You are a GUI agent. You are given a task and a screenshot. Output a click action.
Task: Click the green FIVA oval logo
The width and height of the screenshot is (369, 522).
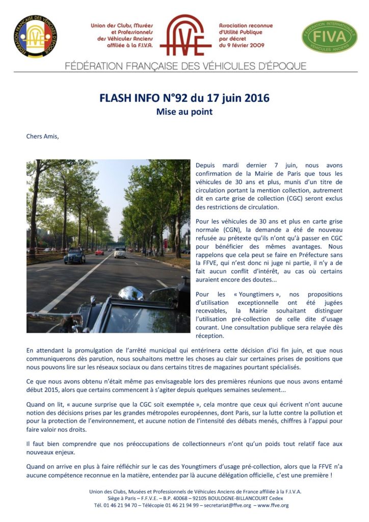(x=329, y=36)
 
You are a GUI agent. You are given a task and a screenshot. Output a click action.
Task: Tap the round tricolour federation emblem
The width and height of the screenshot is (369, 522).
(x=35, y=36)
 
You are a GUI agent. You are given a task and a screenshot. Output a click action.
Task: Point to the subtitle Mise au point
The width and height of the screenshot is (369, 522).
(x=184, y=111)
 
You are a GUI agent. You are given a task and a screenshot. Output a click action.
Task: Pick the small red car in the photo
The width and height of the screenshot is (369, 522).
(x=99, y=252)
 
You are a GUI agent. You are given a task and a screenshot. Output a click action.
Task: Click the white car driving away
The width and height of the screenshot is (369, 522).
(x=120, y=252)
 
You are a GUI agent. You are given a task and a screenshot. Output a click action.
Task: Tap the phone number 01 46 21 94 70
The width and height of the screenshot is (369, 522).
(x=118, y=505)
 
